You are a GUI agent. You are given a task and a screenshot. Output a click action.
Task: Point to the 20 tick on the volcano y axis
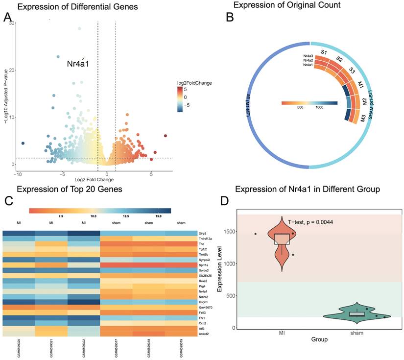coord(11,70)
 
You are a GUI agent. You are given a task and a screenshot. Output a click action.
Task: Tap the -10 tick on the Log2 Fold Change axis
coord(18,174)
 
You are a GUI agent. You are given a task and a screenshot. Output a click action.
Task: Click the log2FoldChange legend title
coord(195,83)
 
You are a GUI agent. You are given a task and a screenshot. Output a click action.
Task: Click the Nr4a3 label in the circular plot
coord(308,57)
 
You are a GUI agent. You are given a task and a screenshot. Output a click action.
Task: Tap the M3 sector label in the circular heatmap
coord(363,118)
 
